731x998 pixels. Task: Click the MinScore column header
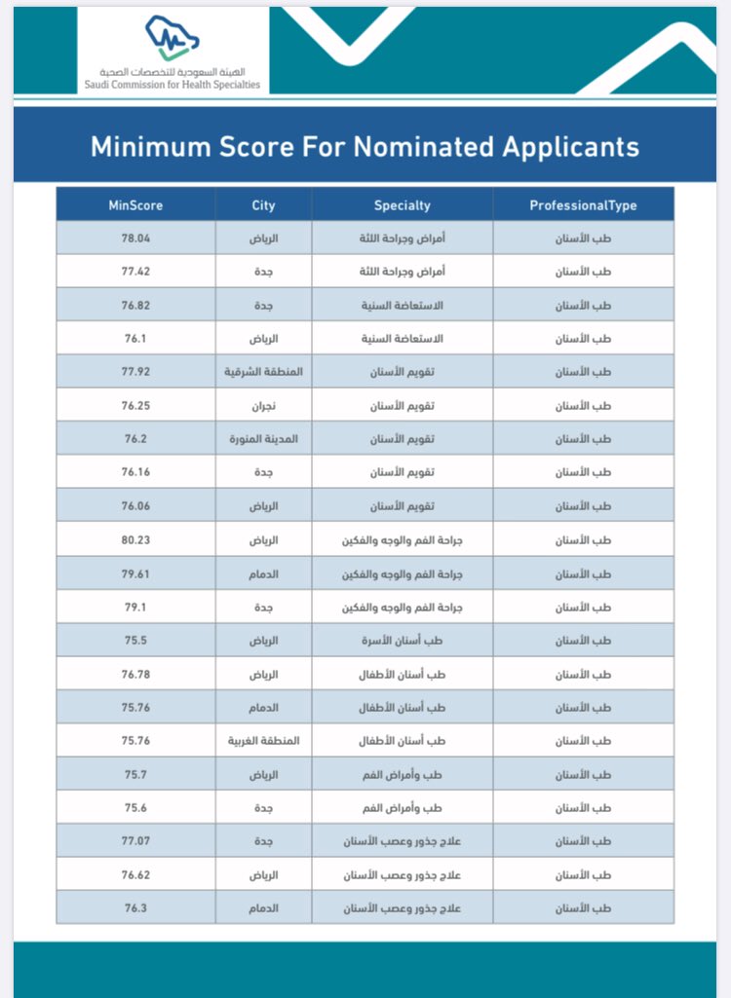[135, 205]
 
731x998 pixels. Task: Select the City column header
[263, 205]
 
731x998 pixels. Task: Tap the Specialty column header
[402, 205]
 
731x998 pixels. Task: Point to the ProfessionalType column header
[583, 205]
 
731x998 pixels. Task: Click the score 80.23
[135, 540]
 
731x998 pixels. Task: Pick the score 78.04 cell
[135, 239]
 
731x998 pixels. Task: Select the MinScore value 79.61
[135, 574]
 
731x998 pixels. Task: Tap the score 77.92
[135, 372]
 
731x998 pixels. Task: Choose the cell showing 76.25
[135, 406]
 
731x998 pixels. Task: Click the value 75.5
[135, 641]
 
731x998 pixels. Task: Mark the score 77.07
[135, 842]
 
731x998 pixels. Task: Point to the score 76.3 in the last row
[135, 908]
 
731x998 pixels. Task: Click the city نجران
[263, 406]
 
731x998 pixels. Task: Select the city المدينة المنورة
[263, 439]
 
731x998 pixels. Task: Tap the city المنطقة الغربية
[263, 741]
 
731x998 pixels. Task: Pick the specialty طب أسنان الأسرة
[402, 641]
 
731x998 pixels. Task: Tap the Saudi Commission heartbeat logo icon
[173, 39]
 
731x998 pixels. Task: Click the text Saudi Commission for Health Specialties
[173, 85]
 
